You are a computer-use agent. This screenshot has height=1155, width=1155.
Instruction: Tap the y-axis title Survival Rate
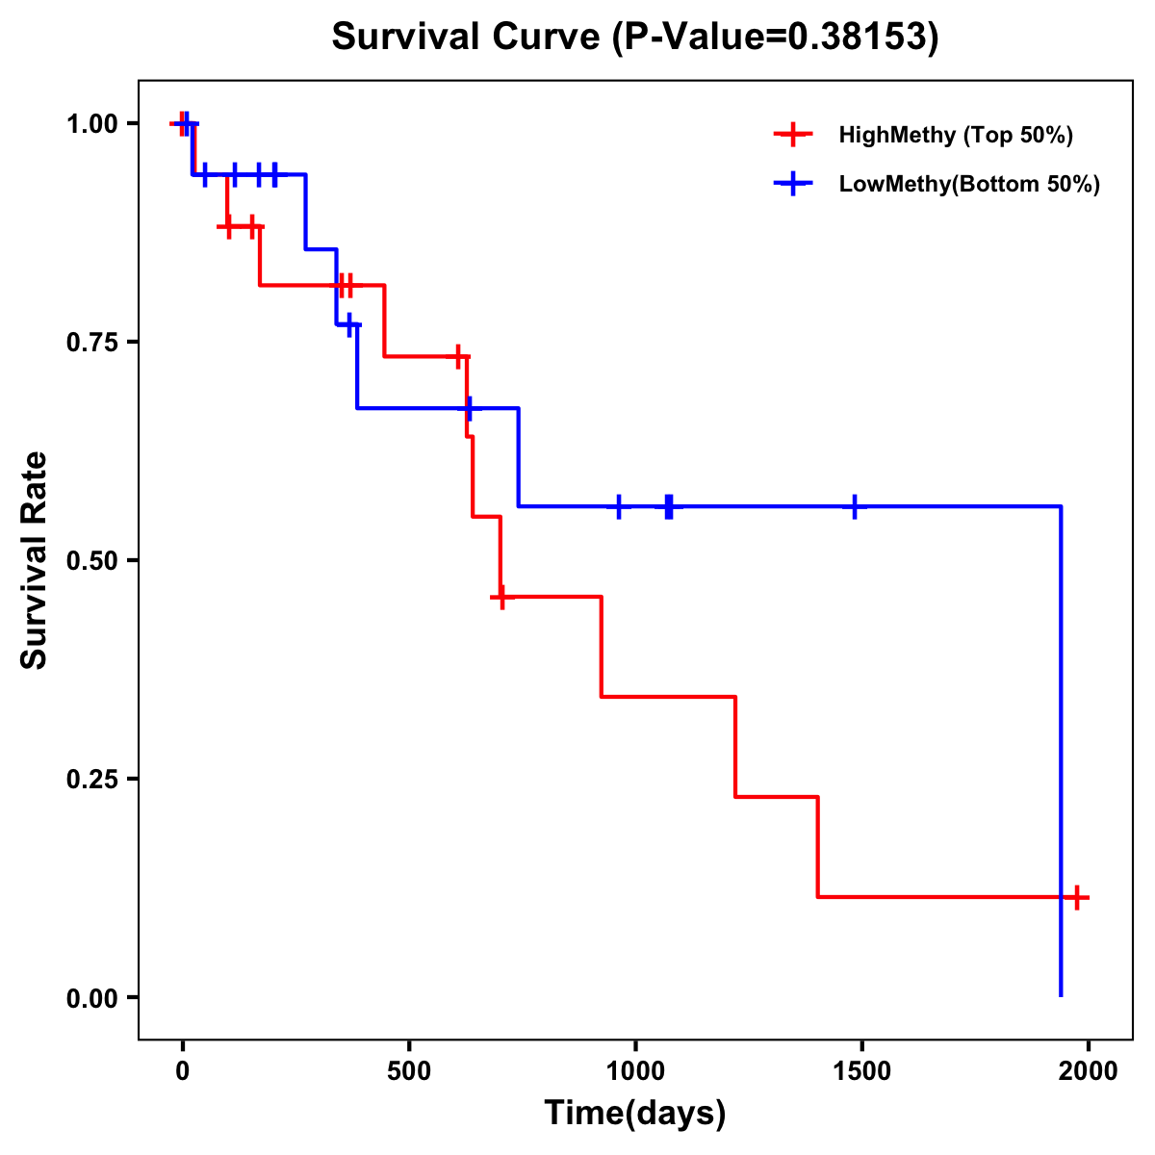pyautogui.click(x=35, y=560)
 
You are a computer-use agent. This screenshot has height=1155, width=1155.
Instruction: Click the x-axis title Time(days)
pyautogui.click(x=635, y=1113)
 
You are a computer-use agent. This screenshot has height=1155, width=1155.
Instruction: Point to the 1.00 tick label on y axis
pyautogui.click(x=91, y=123)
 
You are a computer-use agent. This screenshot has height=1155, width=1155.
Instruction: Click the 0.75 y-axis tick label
pyautogui.click(x=91, y=342)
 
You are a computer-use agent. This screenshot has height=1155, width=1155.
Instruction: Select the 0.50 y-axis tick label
pyautogui.click(x=91, y=560)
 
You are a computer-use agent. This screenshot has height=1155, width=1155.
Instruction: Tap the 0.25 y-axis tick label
pyautogui.click(x=91, y=779)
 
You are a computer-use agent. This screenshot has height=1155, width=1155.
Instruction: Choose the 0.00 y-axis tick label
pyautogui.click(x=91, y=997)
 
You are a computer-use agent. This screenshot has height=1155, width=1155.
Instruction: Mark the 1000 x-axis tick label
pyautogui.click(x=635, y=1071)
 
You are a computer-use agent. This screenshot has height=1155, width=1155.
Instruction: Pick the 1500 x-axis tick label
pyautogui.click(x=861, y=1071)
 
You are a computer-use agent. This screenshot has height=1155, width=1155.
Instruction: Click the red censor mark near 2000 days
pyautogui.click(x=1077, y=897)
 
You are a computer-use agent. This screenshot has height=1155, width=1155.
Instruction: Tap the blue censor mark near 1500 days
pyautogui.click(x=855, y=506)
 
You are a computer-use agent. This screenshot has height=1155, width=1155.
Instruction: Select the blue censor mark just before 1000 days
pyautogui.click(x=618, y=506)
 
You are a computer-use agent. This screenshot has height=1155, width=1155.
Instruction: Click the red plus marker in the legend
pyautogui.click(x=793, y=135)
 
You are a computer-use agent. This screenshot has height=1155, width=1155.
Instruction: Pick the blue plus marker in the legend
pyautogui.click(x=793, y=184)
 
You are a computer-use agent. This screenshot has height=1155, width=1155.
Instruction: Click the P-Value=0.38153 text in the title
pyautogui.click(x=777, y=37)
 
